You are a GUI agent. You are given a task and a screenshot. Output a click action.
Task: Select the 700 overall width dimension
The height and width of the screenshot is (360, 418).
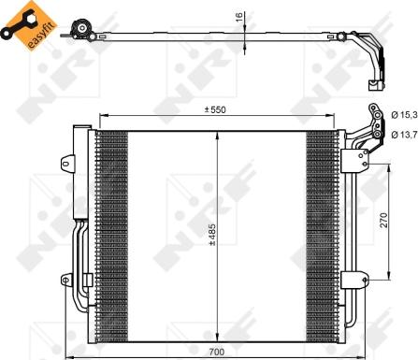217,351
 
